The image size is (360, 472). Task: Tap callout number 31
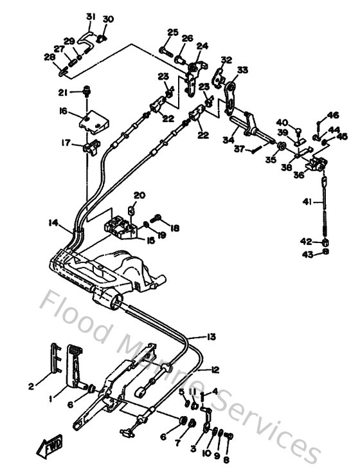point(90,16)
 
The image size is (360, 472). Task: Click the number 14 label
point(53,223)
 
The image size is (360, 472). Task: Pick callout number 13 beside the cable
point(212,336)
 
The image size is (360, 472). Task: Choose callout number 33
point(242,69)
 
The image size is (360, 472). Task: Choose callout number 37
point(239,149)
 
